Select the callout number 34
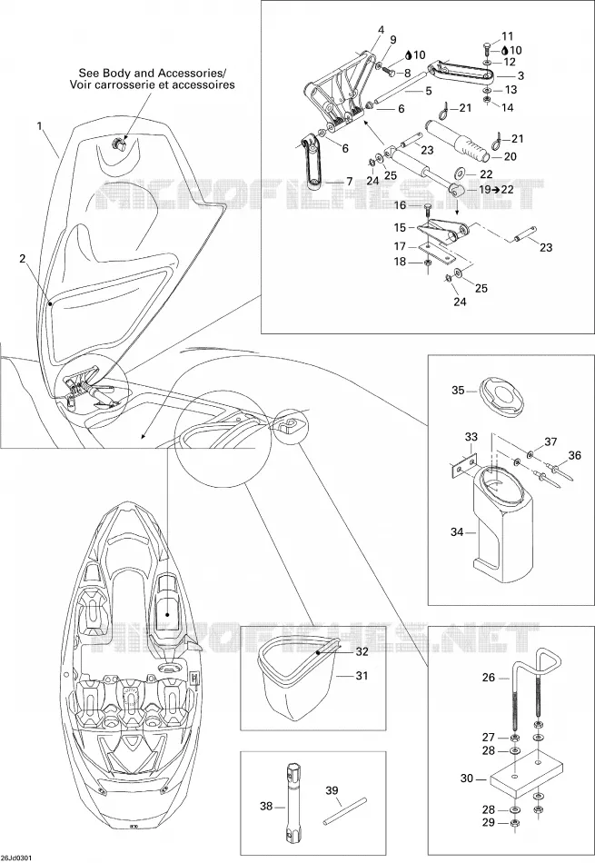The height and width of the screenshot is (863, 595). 457,531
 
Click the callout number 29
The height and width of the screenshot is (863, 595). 488,823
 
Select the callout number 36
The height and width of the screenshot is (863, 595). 575,454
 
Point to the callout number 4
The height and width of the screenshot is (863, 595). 381,30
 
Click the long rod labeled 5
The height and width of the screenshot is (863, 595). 399,86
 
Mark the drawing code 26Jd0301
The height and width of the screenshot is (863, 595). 17,858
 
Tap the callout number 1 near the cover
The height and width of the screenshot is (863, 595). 39,126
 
